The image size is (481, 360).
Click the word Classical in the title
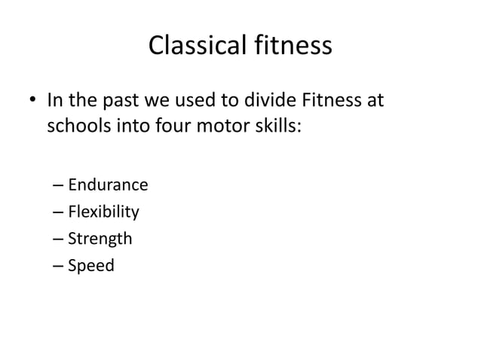[195, 47]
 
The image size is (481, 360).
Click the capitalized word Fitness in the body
[332, 100]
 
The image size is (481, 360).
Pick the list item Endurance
[108, 185]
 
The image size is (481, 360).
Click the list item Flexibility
[104, 212]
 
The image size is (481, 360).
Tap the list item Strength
[100, 239]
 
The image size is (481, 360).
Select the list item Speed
[91, 266]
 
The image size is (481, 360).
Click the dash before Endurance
[59, 186]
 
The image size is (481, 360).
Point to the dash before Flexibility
[59, 213]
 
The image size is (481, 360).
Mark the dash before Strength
[59, 240]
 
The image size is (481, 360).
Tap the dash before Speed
[59, 267]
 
